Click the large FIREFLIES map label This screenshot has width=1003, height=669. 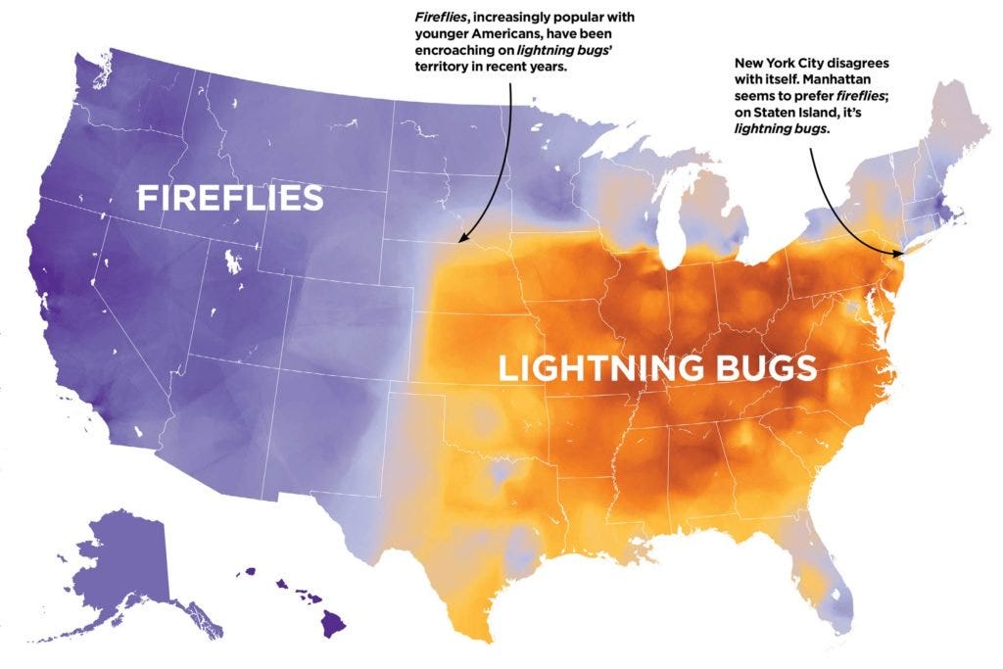[x=229, y=198]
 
